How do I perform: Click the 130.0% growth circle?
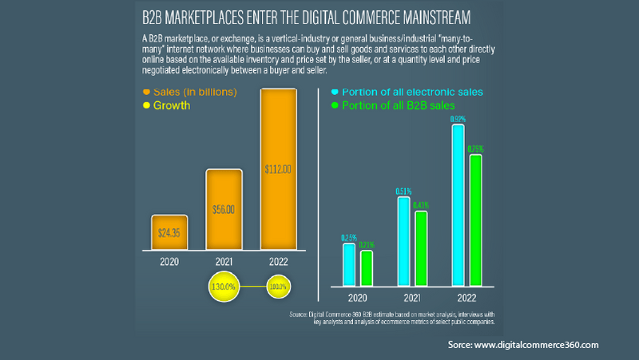coord(224,286)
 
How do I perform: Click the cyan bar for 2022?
coord(458,208)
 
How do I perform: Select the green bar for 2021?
coord(421,249)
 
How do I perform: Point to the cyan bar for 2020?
coord(348,265)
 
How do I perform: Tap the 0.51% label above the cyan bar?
coord(403,191)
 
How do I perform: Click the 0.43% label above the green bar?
coord(421,205)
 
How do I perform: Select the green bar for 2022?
coord(475,220)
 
